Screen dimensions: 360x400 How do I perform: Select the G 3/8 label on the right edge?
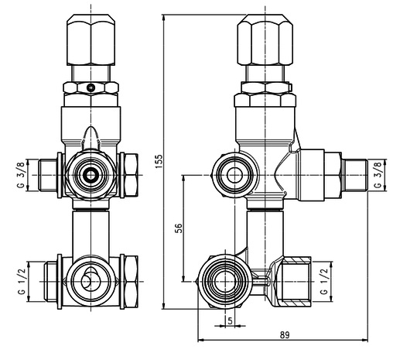(378, 176)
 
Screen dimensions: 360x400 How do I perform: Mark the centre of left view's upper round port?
(91, 176)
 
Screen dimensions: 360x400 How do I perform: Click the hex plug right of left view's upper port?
(130, 175)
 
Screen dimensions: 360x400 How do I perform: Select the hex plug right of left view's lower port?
(130, 279)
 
